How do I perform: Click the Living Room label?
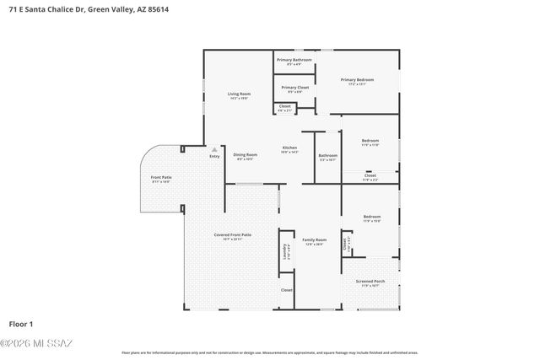[x=240, y=94]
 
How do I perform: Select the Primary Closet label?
[x=295, y=88]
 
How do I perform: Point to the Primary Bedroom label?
[x=357, y=80]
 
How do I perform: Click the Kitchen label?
[x=289, y=148]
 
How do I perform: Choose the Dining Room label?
[x=246, y=154]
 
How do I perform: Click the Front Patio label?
[x=161, y=177]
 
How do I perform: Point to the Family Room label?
[x=314, y=240]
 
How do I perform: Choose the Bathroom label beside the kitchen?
[x=328, y=155]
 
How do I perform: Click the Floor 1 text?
[x=20, y=324]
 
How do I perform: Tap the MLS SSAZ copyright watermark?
[x=37, y=342]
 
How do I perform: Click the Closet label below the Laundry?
[x=287, y=290]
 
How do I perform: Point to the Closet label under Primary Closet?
[x=285, y=106]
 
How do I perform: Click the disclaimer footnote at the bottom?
[x=269, y=352]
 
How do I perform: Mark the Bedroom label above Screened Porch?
[x=372, y=217]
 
